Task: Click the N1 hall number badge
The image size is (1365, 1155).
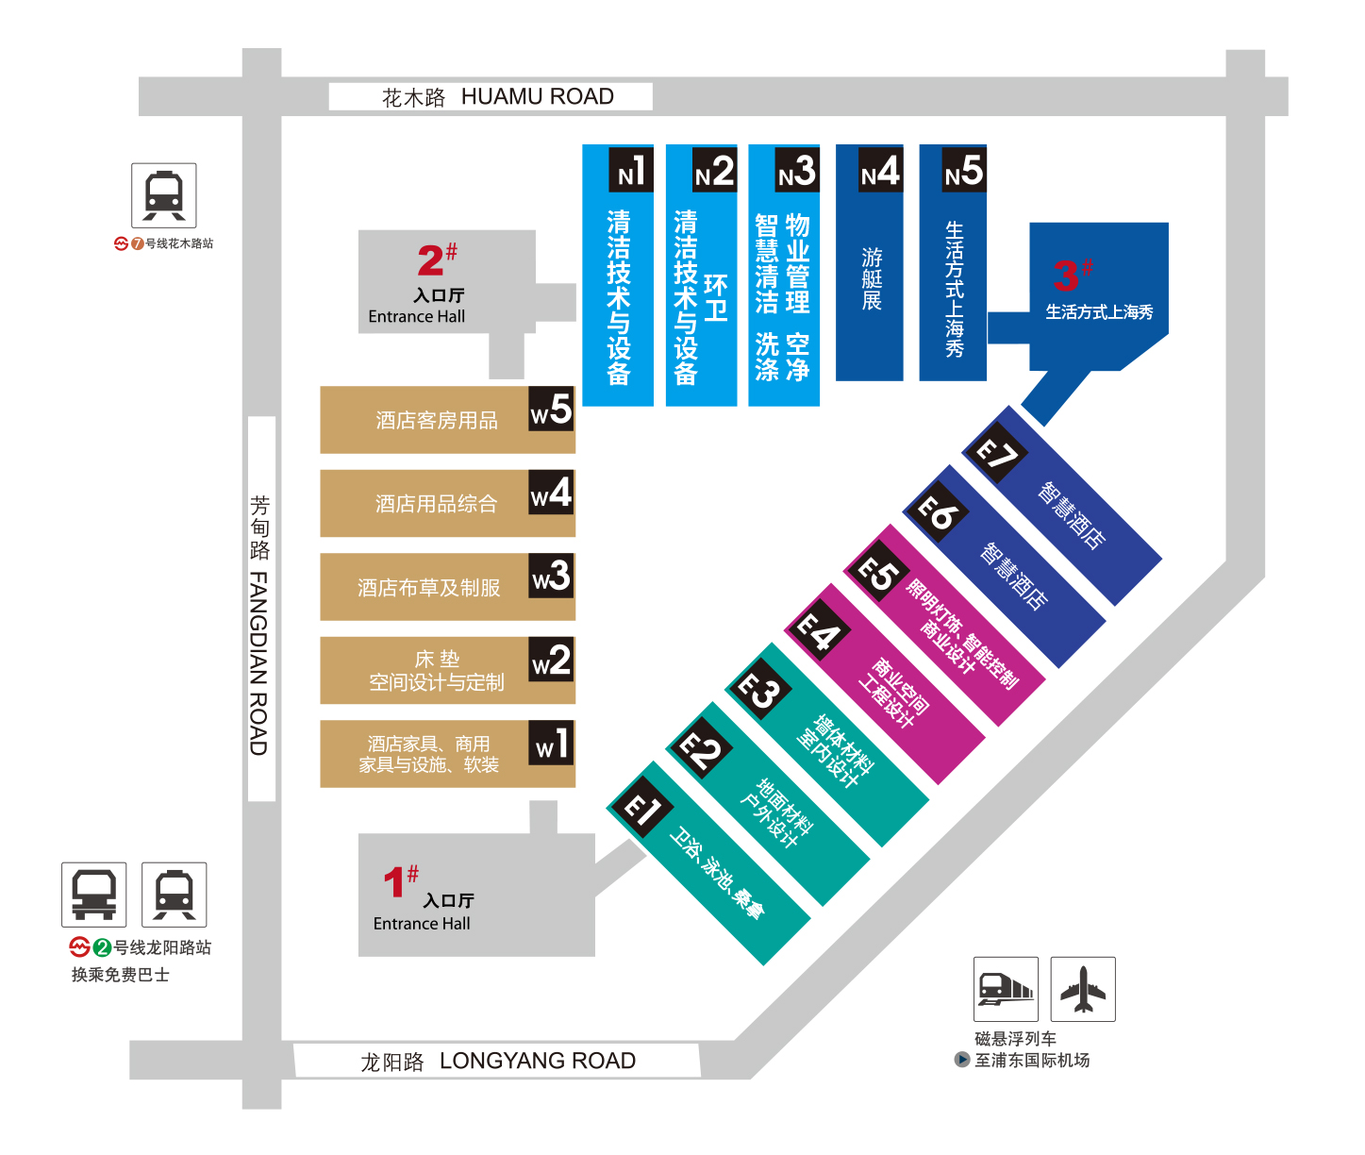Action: click(631, 170)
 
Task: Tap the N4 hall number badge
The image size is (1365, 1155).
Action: click(880, 170)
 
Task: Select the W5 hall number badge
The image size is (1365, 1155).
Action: click(552, 409)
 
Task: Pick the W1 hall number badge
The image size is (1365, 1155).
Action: click(552, 743)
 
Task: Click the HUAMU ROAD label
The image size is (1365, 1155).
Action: click(538, 96)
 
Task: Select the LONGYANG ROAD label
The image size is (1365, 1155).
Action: click(538, 1061)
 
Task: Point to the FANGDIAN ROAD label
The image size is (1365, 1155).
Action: click(258, 663)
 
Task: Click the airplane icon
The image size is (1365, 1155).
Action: click(1083, 989)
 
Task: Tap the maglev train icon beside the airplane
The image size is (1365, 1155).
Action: click(1006, 989)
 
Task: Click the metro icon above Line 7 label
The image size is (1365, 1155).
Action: click(164, 195)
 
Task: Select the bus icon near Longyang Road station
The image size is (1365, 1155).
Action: click(93, 895)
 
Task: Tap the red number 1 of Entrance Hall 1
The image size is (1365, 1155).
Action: click(394, 882)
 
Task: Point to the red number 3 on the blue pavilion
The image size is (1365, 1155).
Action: click(1066, 276)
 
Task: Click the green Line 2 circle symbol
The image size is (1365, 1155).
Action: click(103, 947)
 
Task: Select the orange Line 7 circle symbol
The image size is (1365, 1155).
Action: click(138, 243)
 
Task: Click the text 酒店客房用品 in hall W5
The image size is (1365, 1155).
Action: click(437, 420)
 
